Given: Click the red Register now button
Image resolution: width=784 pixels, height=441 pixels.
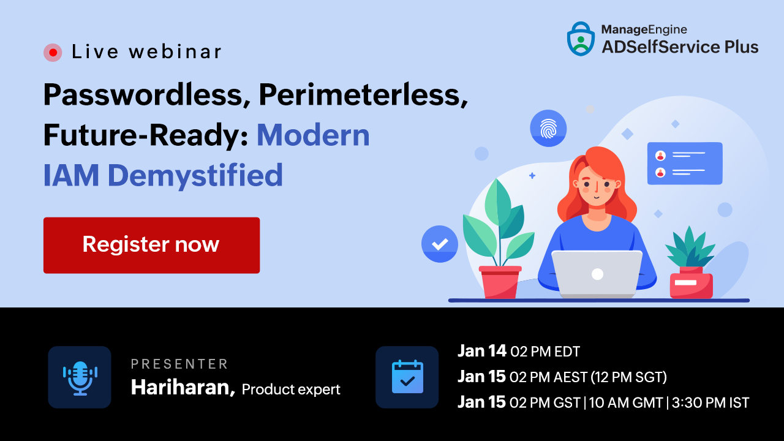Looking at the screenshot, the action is click(151, 245).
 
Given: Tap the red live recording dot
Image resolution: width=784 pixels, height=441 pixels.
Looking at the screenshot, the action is click(53, 53).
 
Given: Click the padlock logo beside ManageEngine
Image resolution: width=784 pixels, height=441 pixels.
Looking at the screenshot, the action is click(581, 39).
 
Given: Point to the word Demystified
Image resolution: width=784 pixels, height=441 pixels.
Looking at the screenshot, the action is click(195, 176).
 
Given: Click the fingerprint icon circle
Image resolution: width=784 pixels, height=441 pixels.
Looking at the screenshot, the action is click(548, 129).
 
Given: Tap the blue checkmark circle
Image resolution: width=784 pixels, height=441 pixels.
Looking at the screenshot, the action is click(440, 244).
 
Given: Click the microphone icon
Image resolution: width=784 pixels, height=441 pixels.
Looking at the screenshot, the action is click(80, 377).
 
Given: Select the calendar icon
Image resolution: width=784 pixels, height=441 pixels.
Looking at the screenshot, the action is click(407, 377).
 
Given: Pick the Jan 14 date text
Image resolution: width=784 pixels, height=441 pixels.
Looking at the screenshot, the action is click(482, 351).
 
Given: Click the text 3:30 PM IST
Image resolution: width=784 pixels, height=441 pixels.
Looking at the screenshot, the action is click(710, 402).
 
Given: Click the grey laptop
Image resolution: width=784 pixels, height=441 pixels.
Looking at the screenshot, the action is click(597, 274).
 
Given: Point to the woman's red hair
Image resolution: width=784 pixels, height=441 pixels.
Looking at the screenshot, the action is click(597, 182).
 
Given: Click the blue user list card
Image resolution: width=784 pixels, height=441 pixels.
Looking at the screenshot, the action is click(685, 163).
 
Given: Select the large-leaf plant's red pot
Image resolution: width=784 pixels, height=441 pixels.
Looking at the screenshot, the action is click(500, 282).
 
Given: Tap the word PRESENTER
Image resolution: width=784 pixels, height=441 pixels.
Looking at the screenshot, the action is click(179, 364).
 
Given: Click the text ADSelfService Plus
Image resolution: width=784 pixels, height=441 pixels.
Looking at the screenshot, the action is click(680, 47).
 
